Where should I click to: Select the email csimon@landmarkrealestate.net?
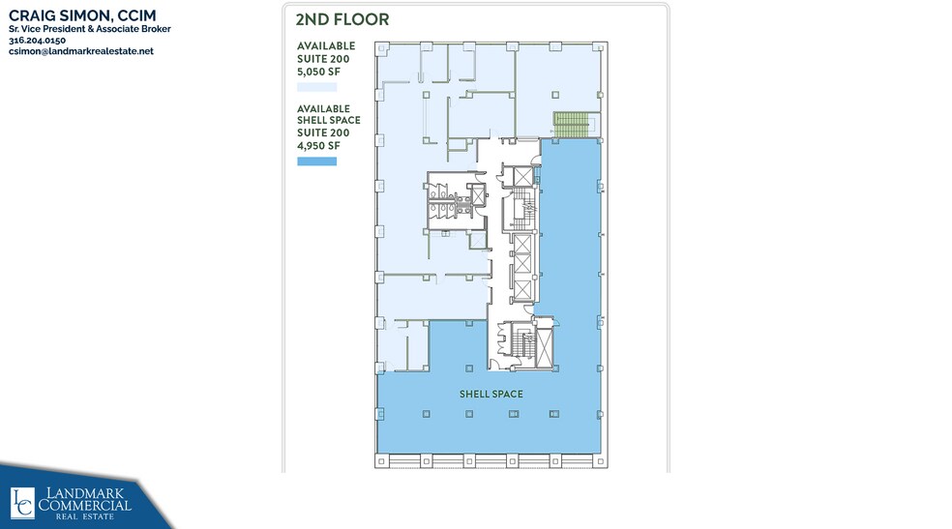(x=80, y=51)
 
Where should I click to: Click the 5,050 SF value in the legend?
(x=318, y=71)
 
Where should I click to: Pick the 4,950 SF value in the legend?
(x=318, y=146)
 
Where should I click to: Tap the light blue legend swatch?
(x=316, y=87)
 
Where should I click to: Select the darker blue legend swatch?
(x=316, y=161)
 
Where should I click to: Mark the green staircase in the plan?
(x=570, y=125)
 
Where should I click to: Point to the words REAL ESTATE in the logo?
(x=85, y=518)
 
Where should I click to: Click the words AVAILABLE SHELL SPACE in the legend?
(x=328, y=114)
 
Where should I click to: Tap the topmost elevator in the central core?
(x=523, y=177)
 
